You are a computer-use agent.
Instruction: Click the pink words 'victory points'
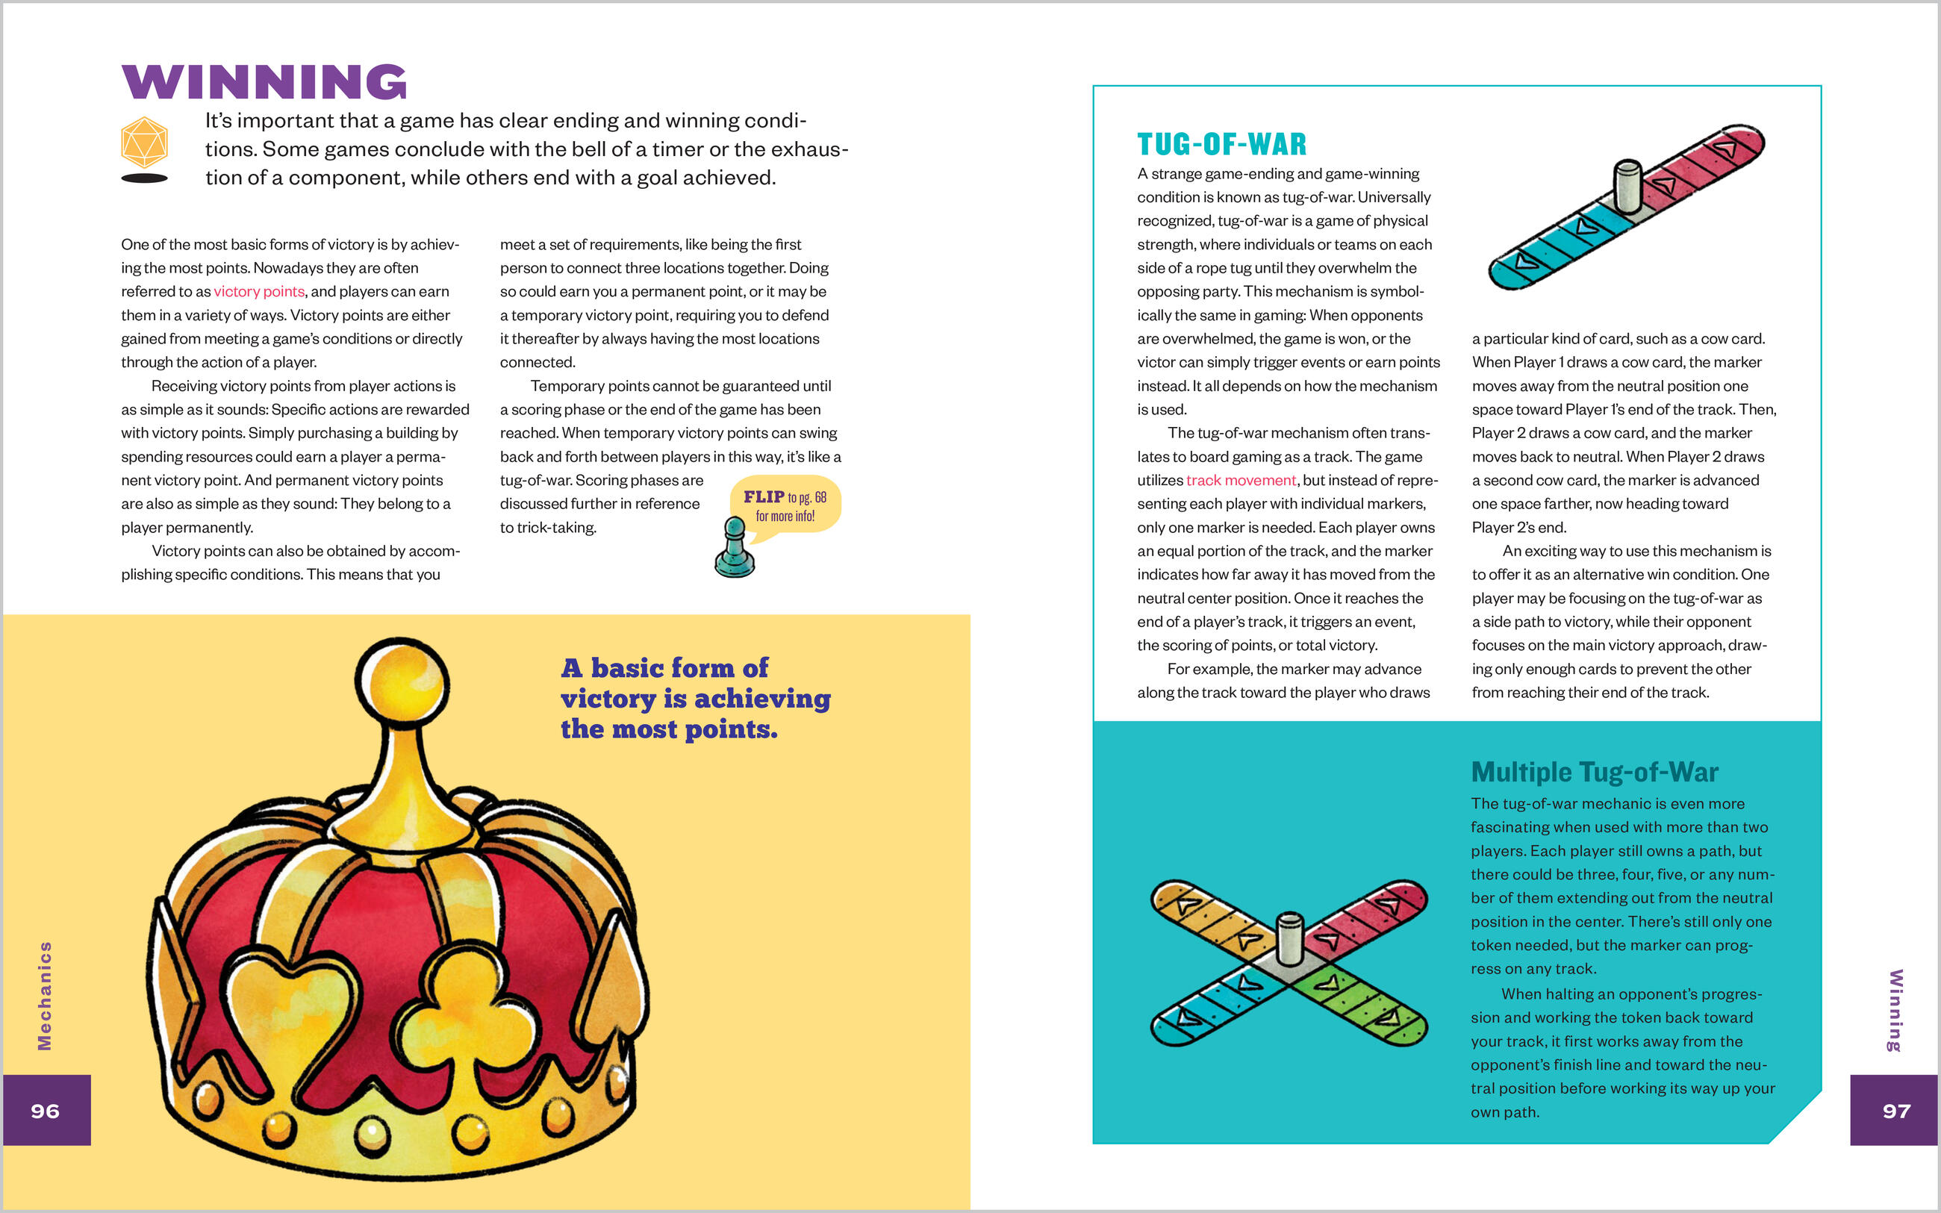[259, 291]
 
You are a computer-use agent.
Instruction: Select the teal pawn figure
[734, 549]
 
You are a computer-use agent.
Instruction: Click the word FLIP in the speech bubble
[764, 496]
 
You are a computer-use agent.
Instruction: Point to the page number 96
[46, 1110]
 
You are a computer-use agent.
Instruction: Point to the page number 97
[1896, 1110]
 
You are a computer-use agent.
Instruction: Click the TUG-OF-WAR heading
[1221, 144]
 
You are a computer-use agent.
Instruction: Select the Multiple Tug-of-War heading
[1595, 772]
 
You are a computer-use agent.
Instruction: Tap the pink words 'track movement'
[1241, 480]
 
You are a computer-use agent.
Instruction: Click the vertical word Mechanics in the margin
[45, 995]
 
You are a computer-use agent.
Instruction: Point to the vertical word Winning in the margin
[1895, 1010]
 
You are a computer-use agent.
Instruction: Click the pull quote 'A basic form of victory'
[695, 698]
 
